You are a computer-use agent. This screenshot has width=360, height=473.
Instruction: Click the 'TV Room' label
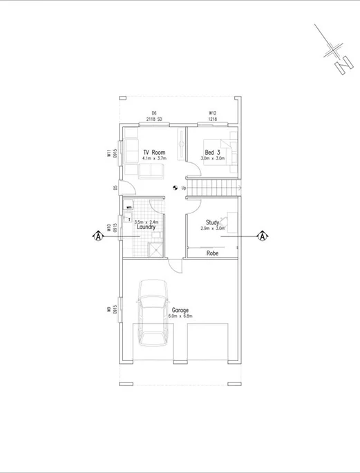(x=153, y=152)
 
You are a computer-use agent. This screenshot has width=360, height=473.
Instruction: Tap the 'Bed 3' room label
(x=213, y=152)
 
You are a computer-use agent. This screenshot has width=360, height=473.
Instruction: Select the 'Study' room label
(x=213, y=222)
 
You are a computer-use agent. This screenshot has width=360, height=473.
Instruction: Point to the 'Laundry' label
(x=145, y=226)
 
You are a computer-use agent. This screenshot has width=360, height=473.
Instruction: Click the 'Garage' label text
(x=180, y=310)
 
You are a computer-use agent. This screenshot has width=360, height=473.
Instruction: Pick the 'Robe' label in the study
(x=213, y=253)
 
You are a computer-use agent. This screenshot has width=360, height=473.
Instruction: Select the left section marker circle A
(x=97, y=236)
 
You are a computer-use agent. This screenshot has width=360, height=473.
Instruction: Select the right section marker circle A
(x=263, y=236)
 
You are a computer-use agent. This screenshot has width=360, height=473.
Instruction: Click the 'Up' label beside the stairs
(x=184, y=187)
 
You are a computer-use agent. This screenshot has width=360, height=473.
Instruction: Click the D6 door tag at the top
(x=155, y=113)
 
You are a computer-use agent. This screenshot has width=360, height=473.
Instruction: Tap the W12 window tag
(x=214, y=113)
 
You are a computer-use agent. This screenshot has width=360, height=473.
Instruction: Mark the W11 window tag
(x=109, y=153)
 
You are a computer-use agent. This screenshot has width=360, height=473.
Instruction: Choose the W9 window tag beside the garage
(x=109, y=310)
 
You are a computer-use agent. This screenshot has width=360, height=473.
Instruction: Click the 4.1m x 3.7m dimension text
(x=153, y=159)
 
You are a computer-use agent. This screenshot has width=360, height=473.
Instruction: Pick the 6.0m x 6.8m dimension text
(x=180, y=316)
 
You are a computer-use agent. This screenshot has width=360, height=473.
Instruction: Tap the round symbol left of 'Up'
(x=175, y=187)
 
